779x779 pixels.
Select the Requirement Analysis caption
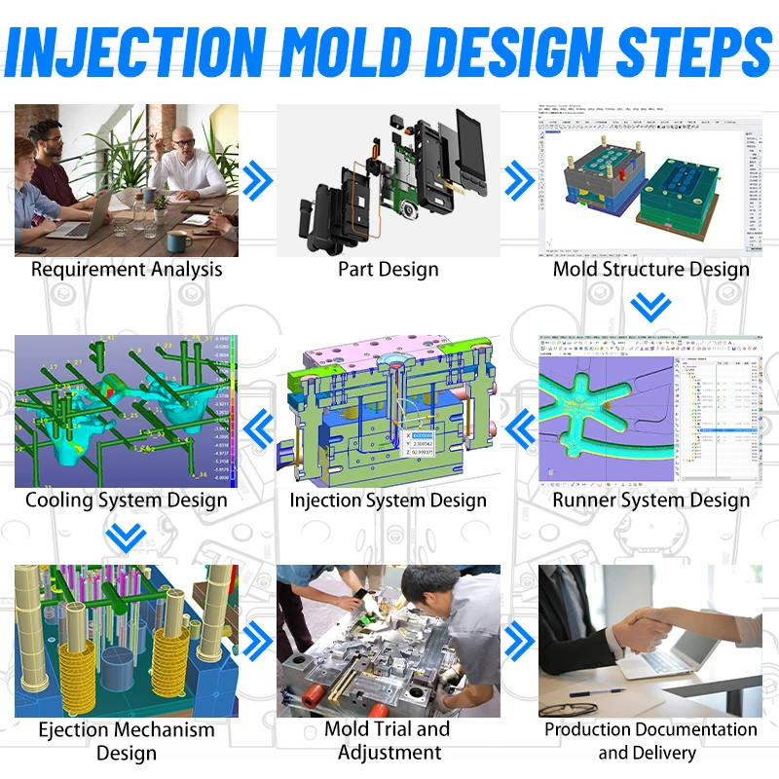[x=127, y=270]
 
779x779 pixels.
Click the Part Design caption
[x=389, y=270]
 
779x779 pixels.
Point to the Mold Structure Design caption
[x=650, y=270]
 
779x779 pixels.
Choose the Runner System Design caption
[x=650, y=501]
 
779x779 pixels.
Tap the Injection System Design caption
[x=389, y=501]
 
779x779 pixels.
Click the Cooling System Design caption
[x=127, y=501]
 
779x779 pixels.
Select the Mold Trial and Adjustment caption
[x=389, y=741]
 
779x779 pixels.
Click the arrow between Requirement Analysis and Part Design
[x=256, y=179]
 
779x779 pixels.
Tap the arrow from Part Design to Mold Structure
[x=520, y=179]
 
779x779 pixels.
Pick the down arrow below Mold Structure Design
[x=650, y=308]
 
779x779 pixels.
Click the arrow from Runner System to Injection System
[x=520, y=424]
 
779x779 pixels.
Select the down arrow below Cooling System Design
[x=127, y=537]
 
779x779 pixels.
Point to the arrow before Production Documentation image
[x=520, y=640]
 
